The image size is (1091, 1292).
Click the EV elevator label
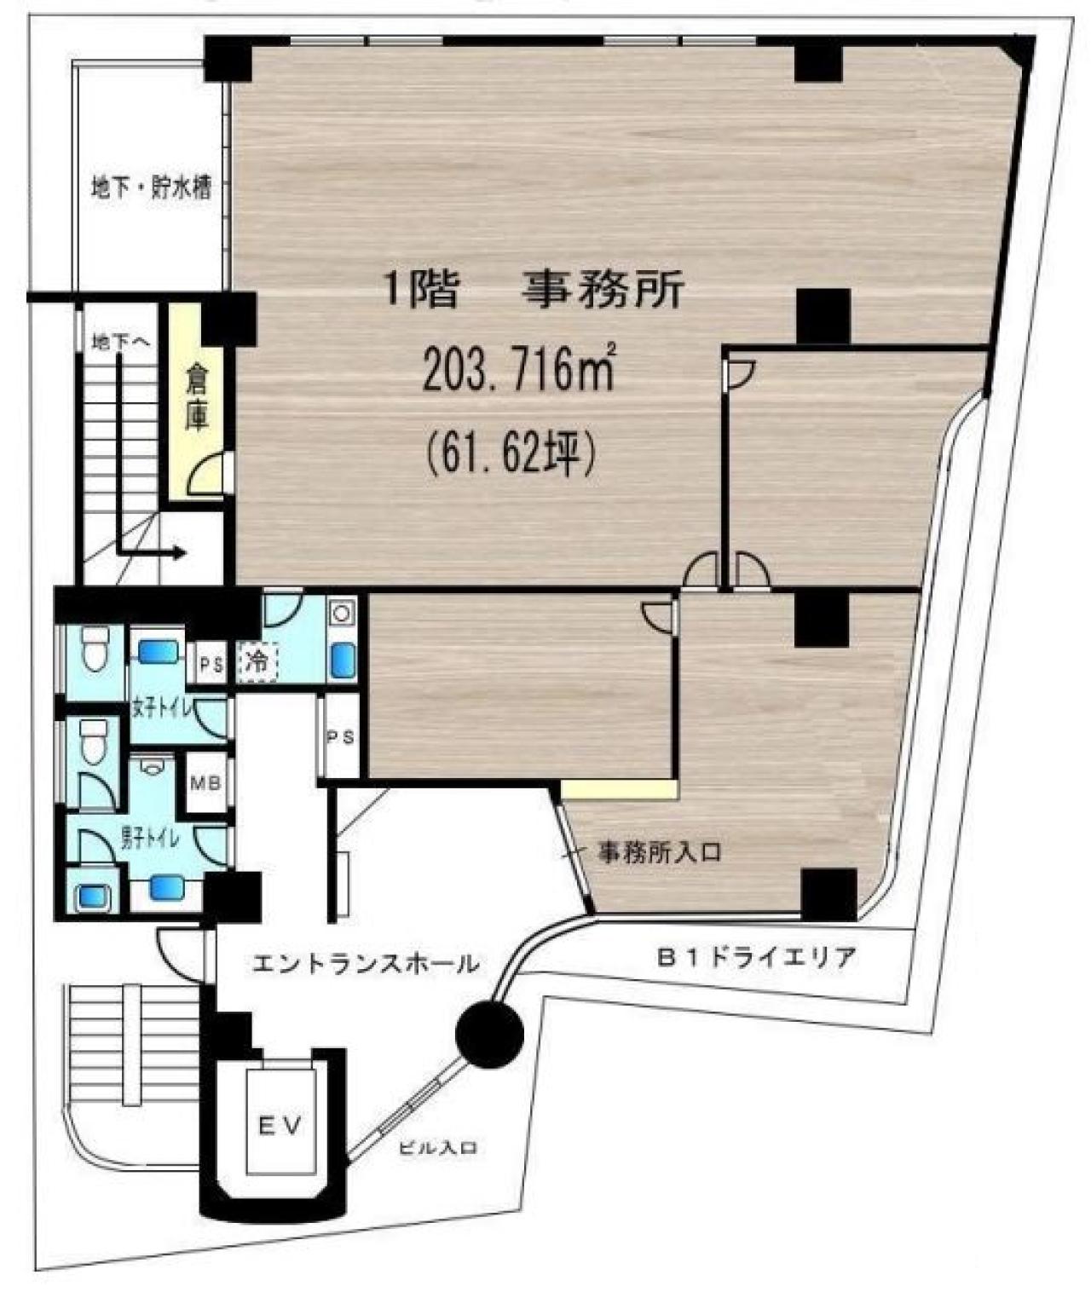click(x=280, y=1126)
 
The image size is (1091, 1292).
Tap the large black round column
click(x=488, y=1035)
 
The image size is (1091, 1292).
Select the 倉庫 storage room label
click(x=197, y=398)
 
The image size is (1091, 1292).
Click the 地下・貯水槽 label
click(x=152, y=187)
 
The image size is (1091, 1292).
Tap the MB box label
click(x=205, y=782)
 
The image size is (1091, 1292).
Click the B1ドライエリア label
click(x=754, y=957)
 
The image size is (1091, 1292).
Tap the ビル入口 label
click(x=438, y=1148)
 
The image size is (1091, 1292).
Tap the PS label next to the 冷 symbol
click(x=211, y=663)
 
